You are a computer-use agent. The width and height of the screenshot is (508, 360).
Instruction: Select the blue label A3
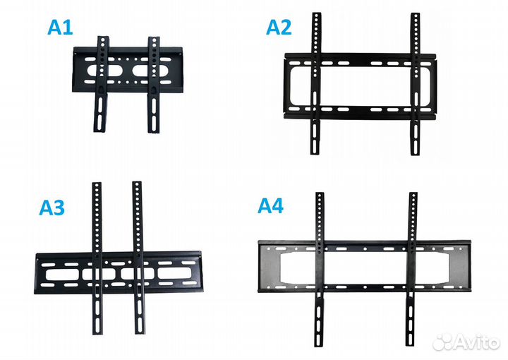pos(52,208)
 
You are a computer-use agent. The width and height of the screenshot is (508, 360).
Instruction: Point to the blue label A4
pos(270,205)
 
